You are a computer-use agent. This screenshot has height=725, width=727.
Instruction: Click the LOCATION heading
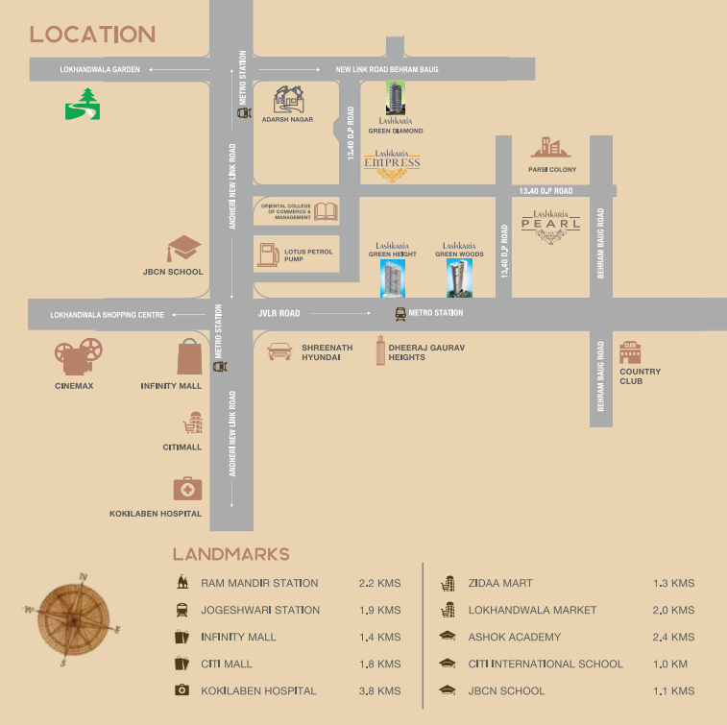click(92, 35)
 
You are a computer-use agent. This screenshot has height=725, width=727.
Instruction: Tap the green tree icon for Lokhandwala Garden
click(83, 104)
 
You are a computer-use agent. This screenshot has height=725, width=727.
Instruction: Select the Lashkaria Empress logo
click(392, 166)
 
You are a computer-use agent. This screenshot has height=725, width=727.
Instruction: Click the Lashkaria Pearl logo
click(551, 227)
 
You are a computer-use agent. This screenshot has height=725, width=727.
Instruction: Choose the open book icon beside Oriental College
click(327, 211)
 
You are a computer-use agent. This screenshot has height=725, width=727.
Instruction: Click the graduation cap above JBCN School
click(183, 249)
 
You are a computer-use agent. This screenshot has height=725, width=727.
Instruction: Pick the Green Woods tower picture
click(459, 278)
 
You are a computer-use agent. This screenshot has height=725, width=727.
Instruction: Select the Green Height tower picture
click(393, 278)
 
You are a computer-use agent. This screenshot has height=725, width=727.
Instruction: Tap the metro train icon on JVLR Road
click(400, 313)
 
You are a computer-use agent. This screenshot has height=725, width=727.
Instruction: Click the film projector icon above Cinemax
click(75, 358)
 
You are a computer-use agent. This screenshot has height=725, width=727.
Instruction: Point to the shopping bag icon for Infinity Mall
click(189, 357)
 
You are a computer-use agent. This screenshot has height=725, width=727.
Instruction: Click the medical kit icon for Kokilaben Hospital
click(187, 489)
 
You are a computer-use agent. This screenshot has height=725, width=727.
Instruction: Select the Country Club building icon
click(630, 352)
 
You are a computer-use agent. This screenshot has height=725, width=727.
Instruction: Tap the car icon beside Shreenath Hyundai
click(279, 351)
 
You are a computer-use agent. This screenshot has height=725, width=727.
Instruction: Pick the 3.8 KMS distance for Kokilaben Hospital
click(379, 690)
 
